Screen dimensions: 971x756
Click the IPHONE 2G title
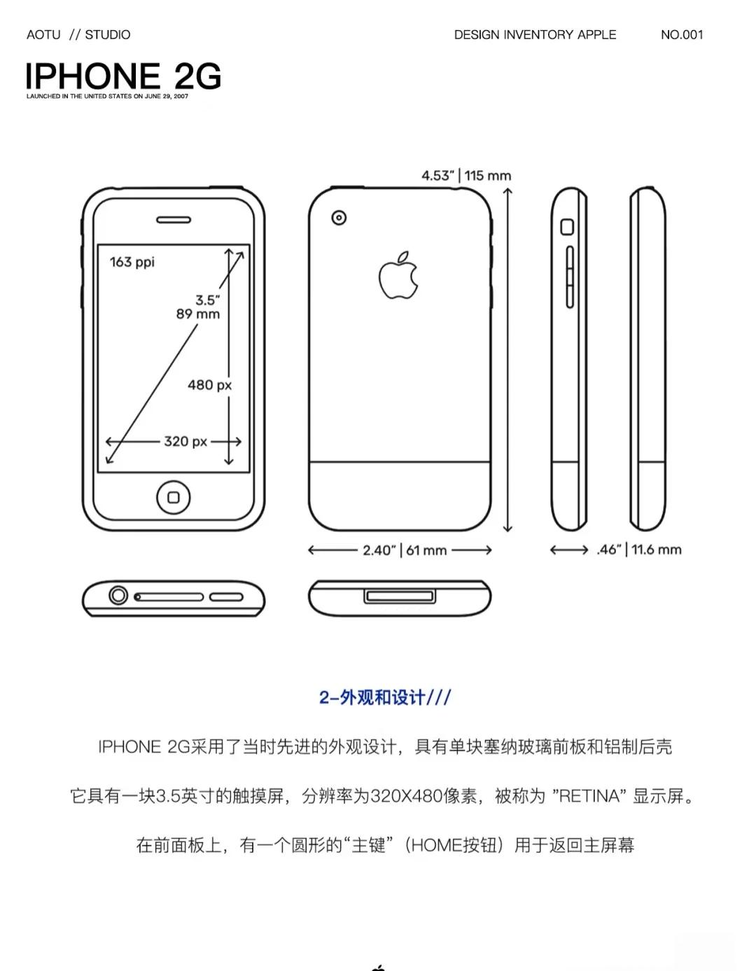click(123, 76)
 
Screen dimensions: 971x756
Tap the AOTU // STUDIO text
click(78, 34)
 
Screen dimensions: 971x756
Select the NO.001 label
click(681, 34)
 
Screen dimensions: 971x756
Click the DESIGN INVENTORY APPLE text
click(535, 34)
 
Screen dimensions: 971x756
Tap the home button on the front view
click(174, 497)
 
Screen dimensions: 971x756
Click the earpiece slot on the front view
click(173, 220)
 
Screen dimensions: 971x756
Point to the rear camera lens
click(339, 218)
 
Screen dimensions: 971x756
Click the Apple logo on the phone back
click(398, 276)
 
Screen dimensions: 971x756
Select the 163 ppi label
click(132, 262)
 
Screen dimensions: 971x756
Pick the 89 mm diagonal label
click(197, 314)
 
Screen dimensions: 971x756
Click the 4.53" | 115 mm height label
click(465, 175)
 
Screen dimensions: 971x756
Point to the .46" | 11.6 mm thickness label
click(638, 550)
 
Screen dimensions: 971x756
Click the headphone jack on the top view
click(118, 596)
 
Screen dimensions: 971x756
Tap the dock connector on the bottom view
click(400, 596)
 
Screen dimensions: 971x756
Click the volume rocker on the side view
click(569, 277)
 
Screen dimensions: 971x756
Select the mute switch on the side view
click(567, 227)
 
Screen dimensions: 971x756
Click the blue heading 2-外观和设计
click(385, 697)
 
